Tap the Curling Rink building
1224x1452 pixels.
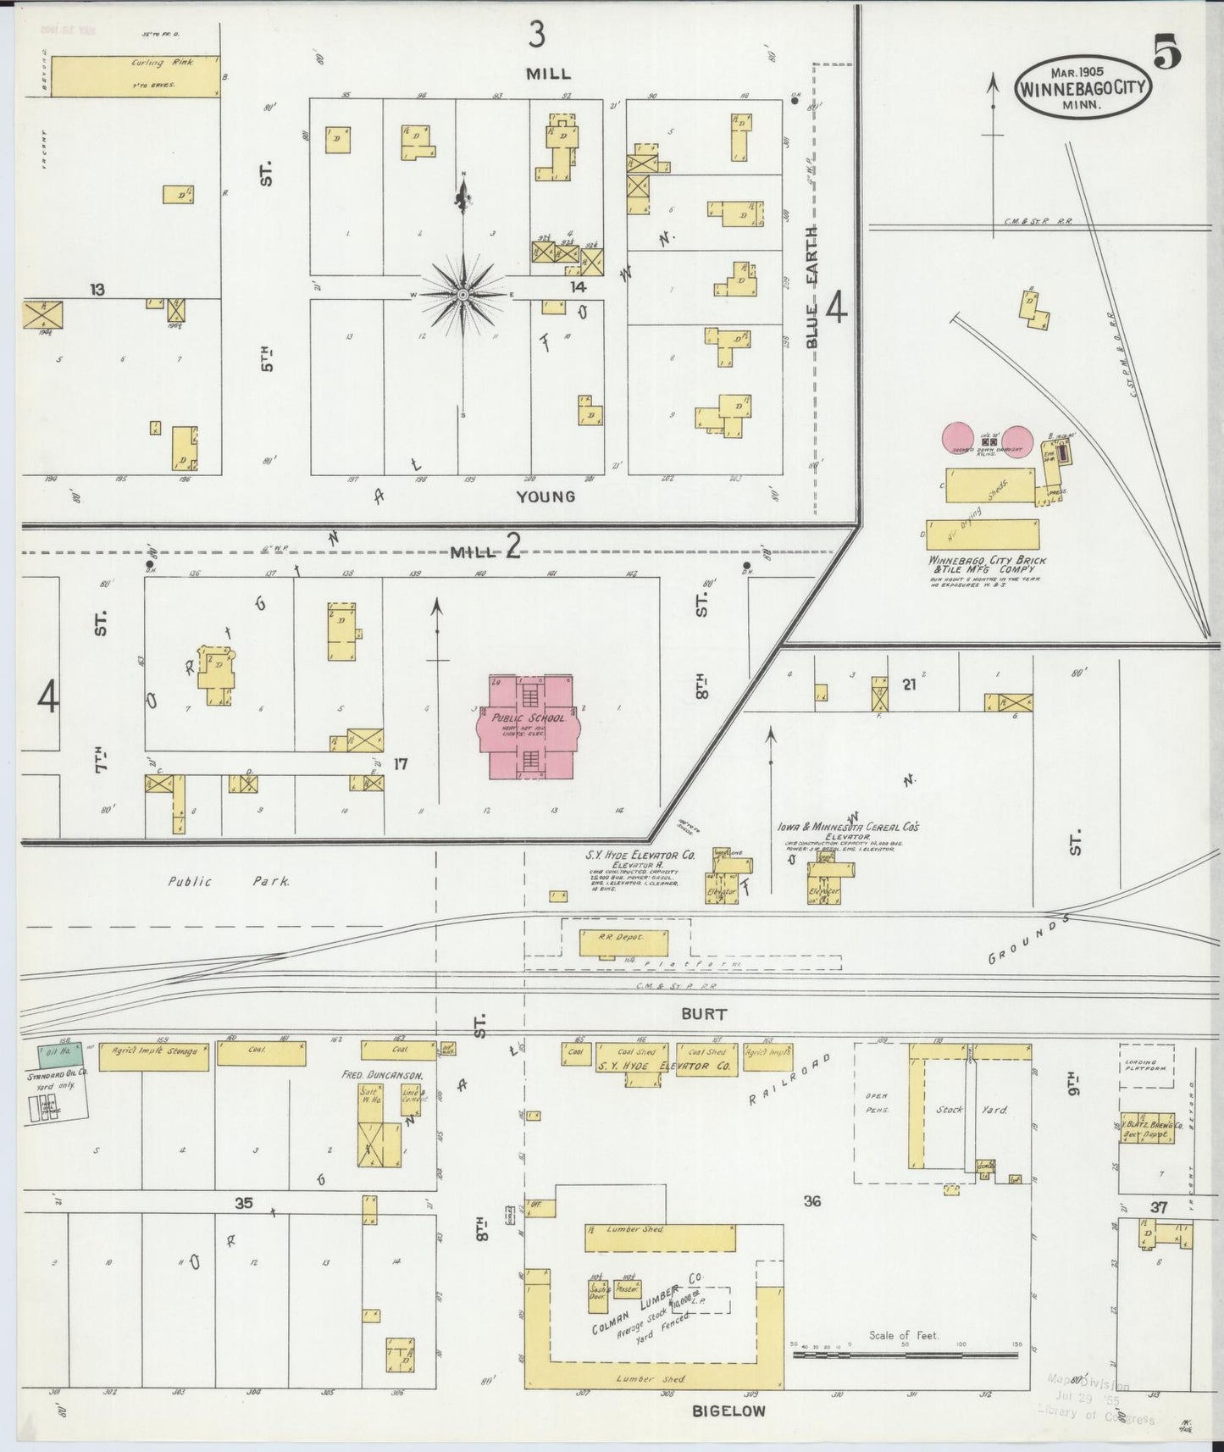pos(136,76)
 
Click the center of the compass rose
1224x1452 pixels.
pos(463,294)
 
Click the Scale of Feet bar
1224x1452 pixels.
pos(905,1355)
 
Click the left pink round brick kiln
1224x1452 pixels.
pos(960,440)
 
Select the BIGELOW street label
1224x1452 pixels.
pos(728,1411)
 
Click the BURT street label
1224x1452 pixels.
pos(703,1013)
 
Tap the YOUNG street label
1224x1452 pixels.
pos(546,496)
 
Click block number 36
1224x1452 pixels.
pos(811,1200)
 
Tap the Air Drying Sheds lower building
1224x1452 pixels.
pos(983,535)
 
